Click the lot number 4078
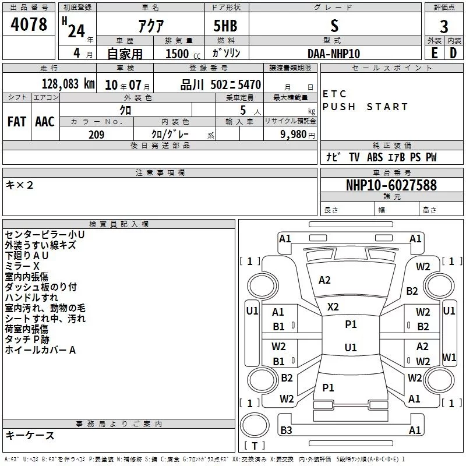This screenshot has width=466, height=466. click(29, 24)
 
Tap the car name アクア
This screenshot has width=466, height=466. click(151, 26)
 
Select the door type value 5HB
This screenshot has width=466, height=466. click(225, 26)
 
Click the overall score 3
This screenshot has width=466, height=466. click(444, 27)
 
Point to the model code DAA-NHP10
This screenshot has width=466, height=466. click(334, 54)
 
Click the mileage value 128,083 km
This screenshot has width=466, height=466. click(68, 84)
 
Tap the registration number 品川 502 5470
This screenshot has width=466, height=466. click(221, 85)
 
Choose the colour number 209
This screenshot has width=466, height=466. click(96, 135)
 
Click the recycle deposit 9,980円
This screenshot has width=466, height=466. click(298, 135)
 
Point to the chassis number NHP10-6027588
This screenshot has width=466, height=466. click(391, 185)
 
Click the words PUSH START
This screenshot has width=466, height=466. click(365, 107)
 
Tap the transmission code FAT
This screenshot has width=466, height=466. click(17, 122)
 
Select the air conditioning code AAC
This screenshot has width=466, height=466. click(45, 122)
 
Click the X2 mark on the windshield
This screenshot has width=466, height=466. click(333, 307)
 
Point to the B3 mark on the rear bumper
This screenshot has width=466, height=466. click(286, 430)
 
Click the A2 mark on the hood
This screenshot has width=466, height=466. click(324, 280)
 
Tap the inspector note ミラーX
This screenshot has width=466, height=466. click(22, 266)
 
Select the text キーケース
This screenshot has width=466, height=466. click(30, 435)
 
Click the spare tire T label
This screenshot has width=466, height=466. click(255, 446)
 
